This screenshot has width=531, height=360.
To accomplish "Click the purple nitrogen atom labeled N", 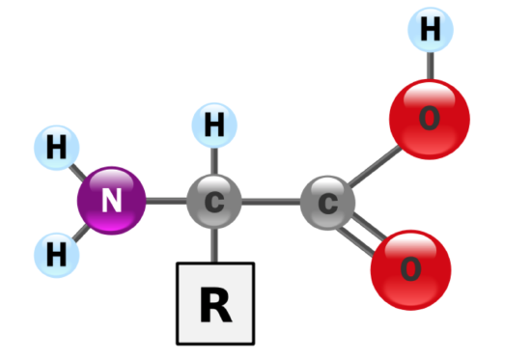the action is [112, 201].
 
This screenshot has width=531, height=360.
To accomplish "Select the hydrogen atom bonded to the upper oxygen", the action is [431, 30].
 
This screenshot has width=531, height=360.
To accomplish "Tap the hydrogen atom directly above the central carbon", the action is [214, 125].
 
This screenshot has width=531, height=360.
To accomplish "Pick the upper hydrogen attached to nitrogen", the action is [57, 148].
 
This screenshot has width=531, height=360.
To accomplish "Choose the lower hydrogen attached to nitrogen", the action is [57, 255].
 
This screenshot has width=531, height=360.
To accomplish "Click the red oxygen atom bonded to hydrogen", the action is [430, 120].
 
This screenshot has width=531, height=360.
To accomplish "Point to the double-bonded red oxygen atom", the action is [410, 270].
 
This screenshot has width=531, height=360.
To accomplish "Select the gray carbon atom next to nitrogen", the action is [214, 202].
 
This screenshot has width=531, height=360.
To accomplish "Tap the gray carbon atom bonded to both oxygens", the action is [328, 203].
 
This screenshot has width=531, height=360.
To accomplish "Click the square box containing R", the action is [215, 303].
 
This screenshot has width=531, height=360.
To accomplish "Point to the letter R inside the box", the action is [216, 305].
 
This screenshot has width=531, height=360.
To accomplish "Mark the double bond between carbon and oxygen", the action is [362, 234].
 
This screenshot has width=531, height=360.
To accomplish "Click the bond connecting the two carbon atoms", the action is [271, 202].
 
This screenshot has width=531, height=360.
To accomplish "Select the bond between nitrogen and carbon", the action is [166, 201].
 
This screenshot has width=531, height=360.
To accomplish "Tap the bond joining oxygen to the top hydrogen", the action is [430, 66].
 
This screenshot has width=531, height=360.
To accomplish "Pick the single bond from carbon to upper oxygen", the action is [375, 166].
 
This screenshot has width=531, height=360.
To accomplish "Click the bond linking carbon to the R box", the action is [214, 245].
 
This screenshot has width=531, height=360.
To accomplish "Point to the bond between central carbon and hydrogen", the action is [214, 161].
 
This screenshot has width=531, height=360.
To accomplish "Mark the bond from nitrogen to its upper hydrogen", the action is [78, 172].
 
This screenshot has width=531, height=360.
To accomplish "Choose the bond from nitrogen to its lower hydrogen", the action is [81, 234].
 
